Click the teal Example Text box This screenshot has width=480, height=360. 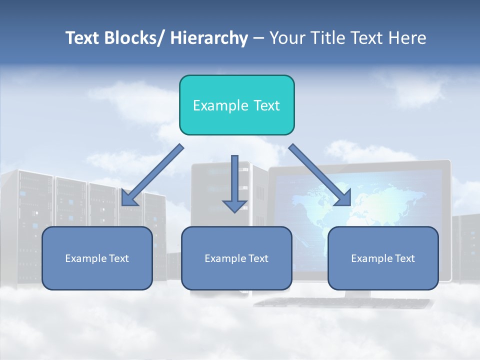[x=236, y=105]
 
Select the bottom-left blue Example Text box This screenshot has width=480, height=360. [x=97, y=258]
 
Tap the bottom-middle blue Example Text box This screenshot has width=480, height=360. [x=236, y=258]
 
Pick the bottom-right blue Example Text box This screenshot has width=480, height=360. [x=383, y=258]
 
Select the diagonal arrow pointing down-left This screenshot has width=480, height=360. [x=152, y=175]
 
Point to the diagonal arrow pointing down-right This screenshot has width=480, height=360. [x=320, y=175]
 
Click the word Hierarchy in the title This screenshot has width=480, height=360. [x=209, y=38]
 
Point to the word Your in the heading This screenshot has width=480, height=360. [x=286, y=38]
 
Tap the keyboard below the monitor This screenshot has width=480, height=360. [x=345, y=302]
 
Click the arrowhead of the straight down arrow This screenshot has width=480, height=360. [x=234, y=206]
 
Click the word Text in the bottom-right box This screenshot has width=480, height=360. [x=404, y=258]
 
